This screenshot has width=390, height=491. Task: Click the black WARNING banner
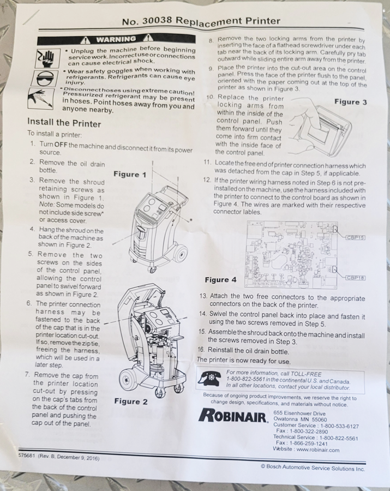[x=116, y=39]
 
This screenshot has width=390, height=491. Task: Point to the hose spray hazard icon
[x=40, y=98]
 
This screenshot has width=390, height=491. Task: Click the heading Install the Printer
[x=64, y=122]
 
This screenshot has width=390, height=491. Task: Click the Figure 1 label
[x=130, y=174]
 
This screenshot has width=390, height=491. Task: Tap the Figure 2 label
[x=130, y=402]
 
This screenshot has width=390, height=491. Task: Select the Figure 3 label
[x=351, y=102]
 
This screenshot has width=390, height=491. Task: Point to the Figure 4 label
[x=221, y=280]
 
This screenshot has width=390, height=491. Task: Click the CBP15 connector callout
[x=356, y=237]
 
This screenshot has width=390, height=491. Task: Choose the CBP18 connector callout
[x=356, y=278]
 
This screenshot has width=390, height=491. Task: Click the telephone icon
[x=209, y=379]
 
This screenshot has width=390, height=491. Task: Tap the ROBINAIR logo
[x=233, y=415]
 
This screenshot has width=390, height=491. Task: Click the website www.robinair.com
[x=317, y=450]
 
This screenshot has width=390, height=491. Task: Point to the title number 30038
[x=157, y=21]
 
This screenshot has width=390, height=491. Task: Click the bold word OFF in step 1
[x=61, y=145]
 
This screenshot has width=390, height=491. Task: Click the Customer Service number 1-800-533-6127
[x=339, y=426]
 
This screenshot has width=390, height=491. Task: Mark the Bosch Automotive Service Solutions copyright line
[x=313, y=468]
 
